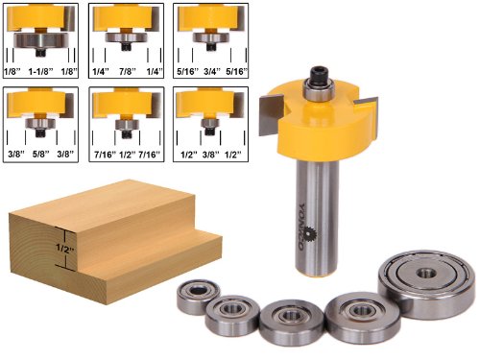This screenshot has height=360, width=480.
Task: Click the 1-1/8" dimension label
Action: tap(40, 72)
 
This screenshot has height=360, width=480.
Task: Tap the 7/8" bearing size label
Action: tap(128, 72)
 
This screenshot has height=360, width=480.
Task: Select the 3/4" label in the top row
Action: tap(212, 72)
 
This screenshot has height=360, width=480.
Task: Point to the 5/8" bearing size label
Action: tap(40, 155)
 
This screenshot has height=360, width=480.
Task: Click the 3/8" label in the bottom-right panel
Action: tap(211, 155)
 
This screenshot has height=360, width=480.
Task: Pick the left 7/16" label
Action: tap(105, 155)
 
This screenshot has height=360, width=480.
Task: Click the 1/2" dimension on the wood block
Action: tap(65, 248)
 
